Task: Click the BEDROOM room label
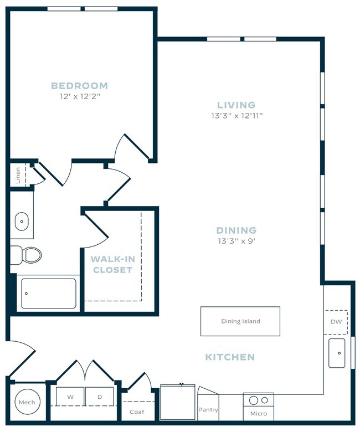click(79, 86)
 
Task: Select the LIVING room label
click(236, 105)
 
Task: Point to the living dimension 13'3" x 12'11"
click(236, 116)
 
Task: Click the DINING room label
click(236, 230)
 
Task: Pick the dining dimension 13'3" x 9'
click(236, 241)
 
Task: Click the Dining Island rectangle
click(240, 321)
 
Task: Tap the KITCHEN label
click(230, 357)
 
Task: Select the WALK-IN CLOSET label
click(112, 264)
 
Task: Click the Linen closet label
click(18, 174)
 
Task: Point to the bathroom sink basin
click(21, 221)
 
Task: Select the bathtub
click(49, 294)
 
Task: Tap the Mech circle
click(27, 403)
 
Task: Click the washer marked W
click(70, 397)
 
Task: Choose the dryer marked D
click(100, 397)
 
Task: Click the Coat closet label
click(136, 412)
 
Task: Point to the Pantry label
click(208, 410)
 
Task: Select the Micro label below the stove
click(258, 413)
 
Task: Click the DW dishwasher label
click(336, 321)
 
